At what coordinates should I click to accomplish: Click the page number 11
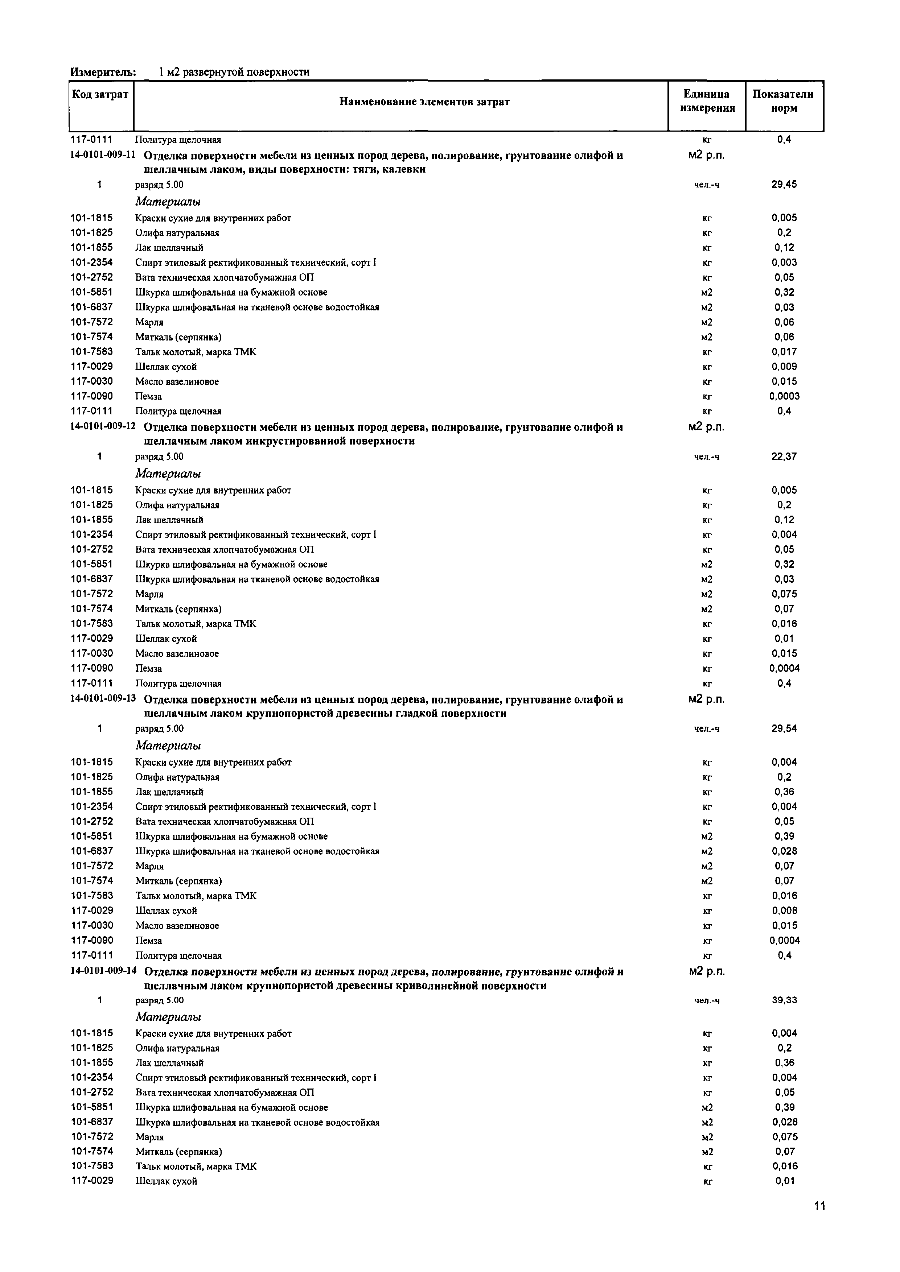pos(819,1221)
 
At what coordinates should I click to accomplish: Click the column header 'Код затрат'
pos(100,95)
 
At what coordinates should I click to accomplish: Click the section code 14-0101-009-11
pos(103,155)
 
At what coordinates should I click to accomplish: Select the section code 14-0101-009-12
pos(103,426)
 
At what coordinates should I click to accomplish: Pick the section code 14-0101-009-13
pos(103,699)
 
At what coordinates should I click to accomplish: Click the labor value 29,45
pos(784,185)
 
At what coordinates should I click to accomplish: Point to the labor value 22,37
pos(784,457)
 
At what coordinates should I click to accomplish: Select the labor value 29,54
pos(784,728)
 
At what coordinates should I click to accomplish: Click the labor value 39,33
pos(784,1000)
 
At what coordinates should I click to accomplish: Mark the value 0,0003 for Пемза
pos(784,396)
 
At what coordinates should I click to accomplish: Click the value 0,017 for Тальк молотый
pos(784,352)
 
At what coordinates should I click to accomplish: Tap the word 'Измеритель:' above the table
pos(103,72)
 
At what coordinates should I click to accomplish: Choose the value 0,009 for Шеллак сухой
pos(784,367)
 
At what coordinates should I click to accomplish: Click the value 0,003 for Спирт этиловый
pos(784,263)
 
